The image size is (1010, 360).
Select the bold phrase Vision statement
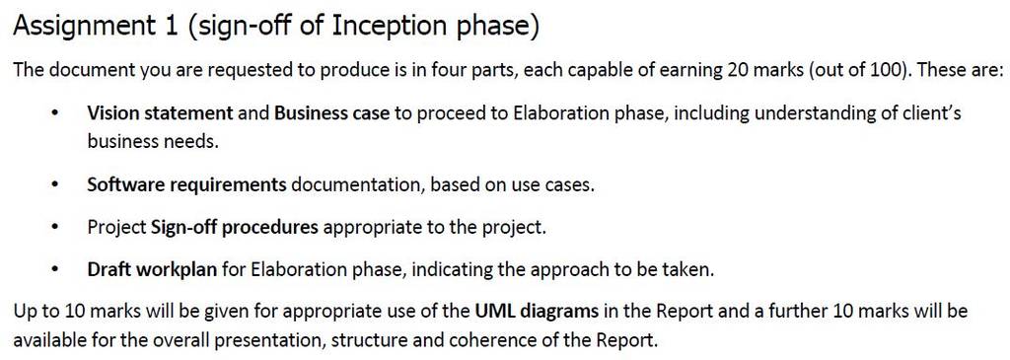pos(161,114)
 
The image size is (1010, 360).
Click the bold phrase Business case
pos(331,114)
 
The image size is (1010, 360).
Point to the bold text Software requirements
pos(186,185)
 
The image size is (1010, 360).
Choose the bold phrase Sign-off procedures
pos(235,228)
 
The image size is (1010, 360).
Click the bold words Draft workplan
pos(152,270)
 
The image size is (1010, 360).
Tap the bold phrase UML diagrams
pos(538,313)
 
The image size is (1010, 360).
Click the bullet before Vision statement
pos(56,115)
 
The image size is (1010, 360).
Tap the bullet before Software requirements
pos(56,186)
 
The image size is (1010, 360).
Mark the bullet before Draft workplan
pos(56,270)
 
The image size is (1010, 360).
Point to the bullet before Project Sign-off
pos(56,229)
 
